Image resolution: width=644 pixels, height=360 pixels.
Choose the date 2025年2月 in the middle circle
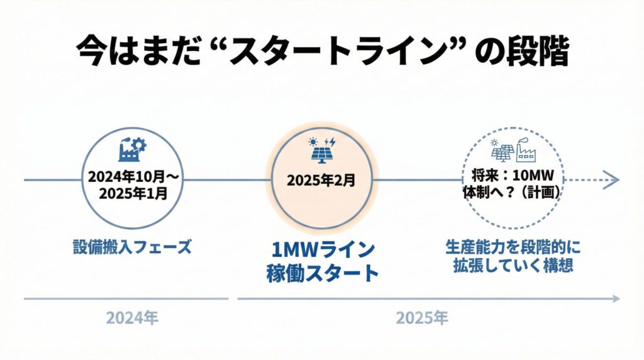click(x=321, y=181)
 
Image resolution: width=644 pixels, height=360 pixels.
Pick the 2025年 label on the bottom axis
click(x=421, y=318)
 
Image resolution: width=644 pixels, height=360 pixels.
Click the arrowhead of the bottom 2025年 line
click(x=617, y=298)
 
